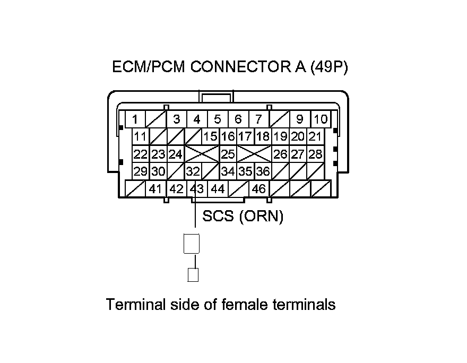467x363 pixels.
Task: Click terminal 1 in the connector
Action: [135, 119]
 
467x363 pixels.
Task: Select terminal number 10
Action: [320, 119]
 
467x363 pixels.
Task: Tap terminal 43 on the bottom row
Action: [197, 188]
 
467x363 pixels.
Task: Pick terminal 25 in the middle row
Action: [228, 154]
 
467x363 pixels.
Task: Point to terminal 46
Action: [258, 188]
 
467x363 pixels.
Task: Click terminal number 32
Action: [193, 171]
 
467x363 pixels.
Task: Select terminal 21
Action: [315, 136]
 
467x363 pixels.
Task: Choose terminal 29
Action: [141, 171]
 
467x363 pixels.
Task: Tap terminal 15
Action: [211, 136]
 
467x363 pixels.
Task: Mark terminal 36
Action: [263, 171]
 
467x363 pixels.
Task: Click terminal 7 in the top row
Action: [258, 119]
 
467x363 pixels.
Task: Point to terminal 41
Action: [155, 188]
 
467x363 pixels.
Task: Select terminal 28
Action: [315, 154]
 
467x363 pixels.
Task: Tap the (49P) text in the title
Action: [328, 67]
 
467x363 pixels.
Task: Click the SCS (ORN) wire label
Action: [243, 217]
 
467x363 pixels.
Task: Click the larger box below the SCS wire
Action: [192, 244]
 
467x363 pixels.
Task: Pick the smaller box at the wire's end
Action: [194, 274]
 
